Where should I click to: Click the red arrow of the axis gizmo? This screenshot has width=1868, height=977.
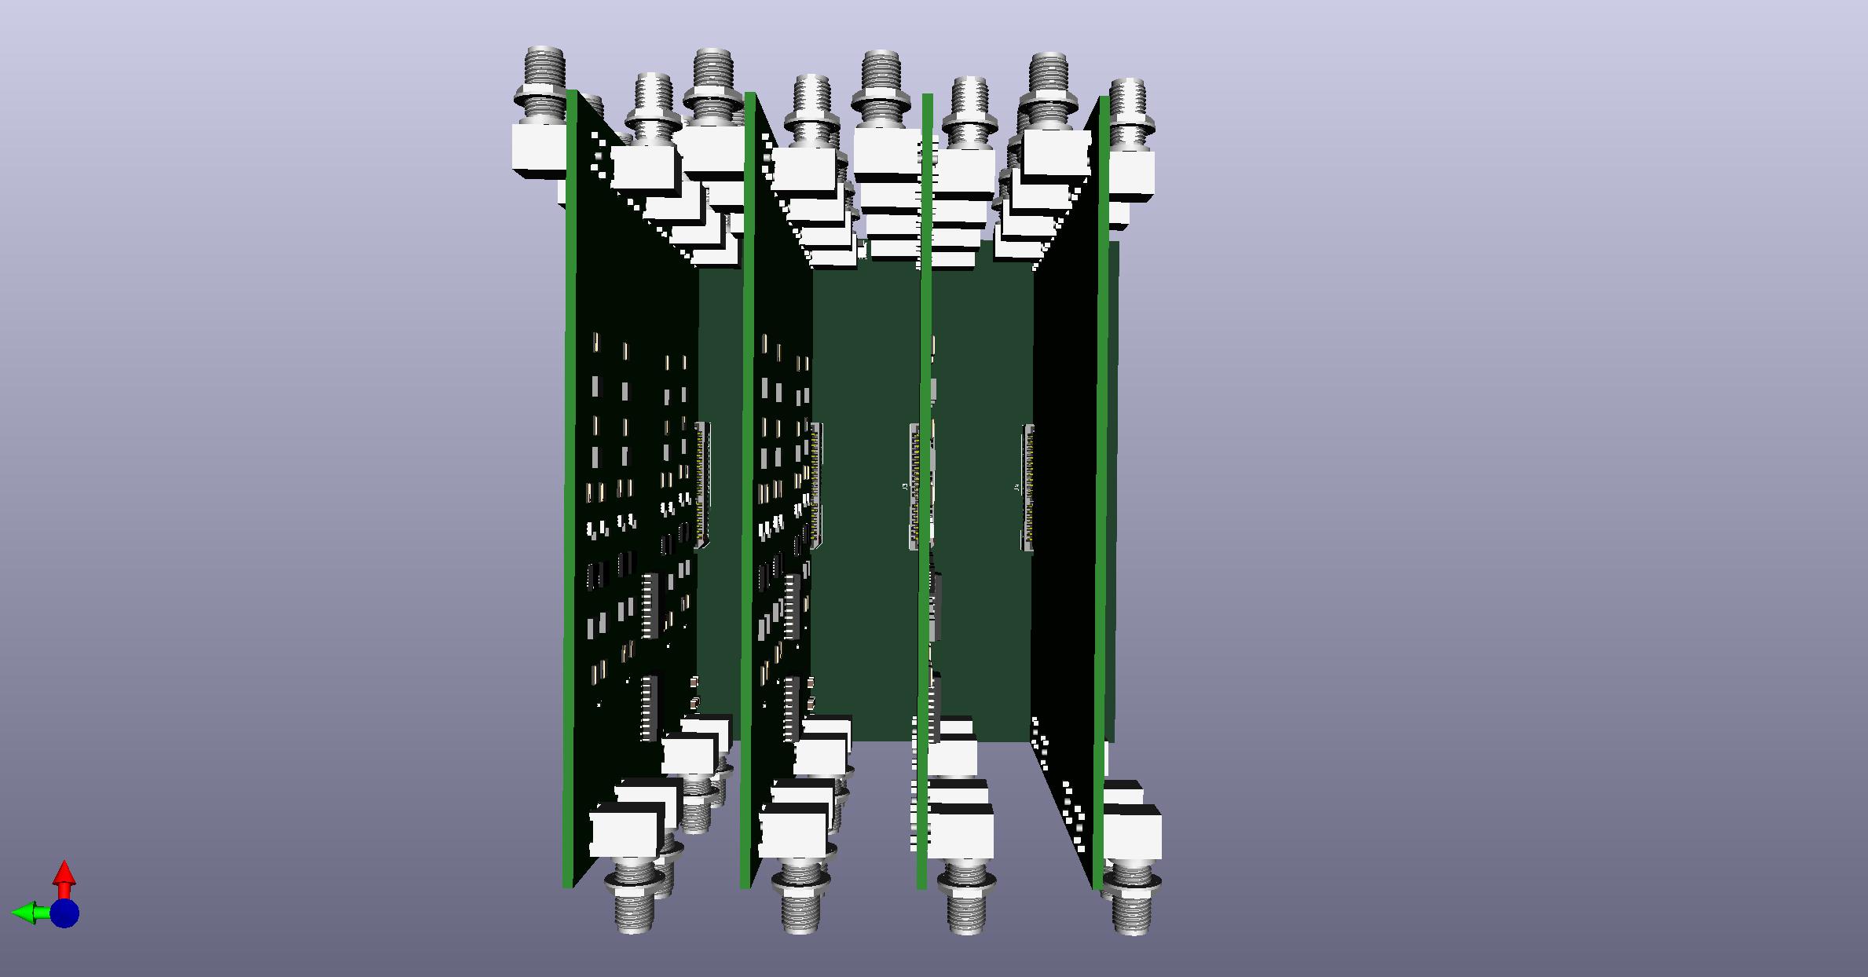pyautogui.click(x=64, y=873)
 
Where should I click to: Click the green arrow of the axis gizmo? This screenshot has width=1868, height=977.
pyautogui.click(x=24, y=913)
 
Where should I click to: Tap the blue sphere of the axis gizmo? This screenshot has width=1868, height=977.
pyautogui.click(x=65, y=913)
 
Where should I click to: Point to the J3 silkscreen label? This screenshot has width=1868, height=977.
pyautogui.click(x=905, y=487)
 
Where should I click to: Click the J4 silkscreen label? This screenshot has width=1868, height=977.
pyautogui.click(x=1017, y=488)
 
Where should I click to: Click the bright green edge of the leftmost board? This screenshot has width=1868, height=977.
pyautogui.click(x=570, y=487)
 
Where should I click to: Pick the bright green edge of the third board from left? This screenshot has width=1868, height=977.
pyautogui.click(x=925, y=487)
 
